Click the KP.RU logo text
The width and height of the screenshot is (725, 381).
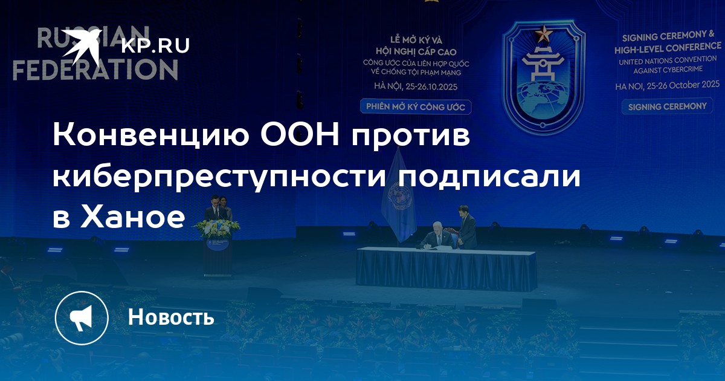(155, 46)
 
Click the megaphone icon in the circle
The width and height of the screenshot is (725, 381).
(81, 318)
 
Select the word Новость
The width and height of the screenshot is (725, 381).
(171, 316)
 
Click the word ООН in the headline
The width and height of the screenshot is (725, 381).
(300, 134)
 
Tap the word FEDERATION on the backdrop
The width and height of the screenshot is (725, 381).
(95, 70)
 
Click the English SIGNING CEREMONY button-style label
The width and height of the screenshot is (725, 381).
(667, 106)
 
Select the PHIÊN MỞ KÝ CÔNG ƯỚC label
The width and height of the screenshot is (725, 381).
(416, 107)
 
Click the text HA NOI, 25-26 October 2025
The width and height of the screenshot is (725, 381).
(668, 85)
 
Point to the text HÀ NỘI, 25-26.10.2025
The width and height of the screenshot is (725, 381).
(416, 86)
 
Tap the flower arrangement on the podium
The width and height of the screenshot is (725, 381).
(217, 229)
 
